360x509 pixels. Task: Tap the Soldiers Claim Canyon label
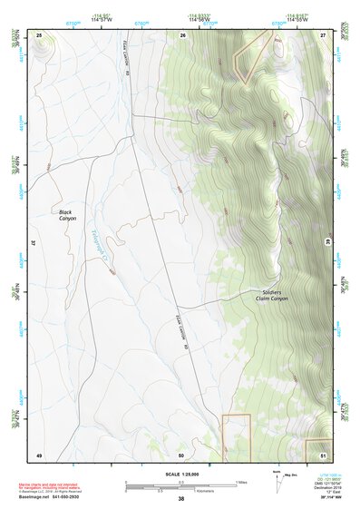click(x=269, y=296)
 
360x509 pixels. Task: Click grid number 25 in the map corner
click(x=39, y=34)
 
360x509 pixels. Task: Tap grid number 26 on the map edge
click(x=182, y=34)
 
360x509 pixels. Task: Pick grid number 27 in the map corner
click(x=322, y=34)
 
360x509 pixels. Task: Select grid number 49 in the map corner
click(x=39, y=454)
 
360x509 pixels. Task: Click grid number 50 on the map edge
click(x=181, y=454)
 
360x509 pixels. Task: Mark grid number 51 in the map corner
click(x=322, y=454)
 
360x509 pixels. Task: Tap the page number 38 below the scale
click(x=180, y=499)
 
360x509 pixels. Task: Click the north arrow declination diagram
click(x=277, y=482)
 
